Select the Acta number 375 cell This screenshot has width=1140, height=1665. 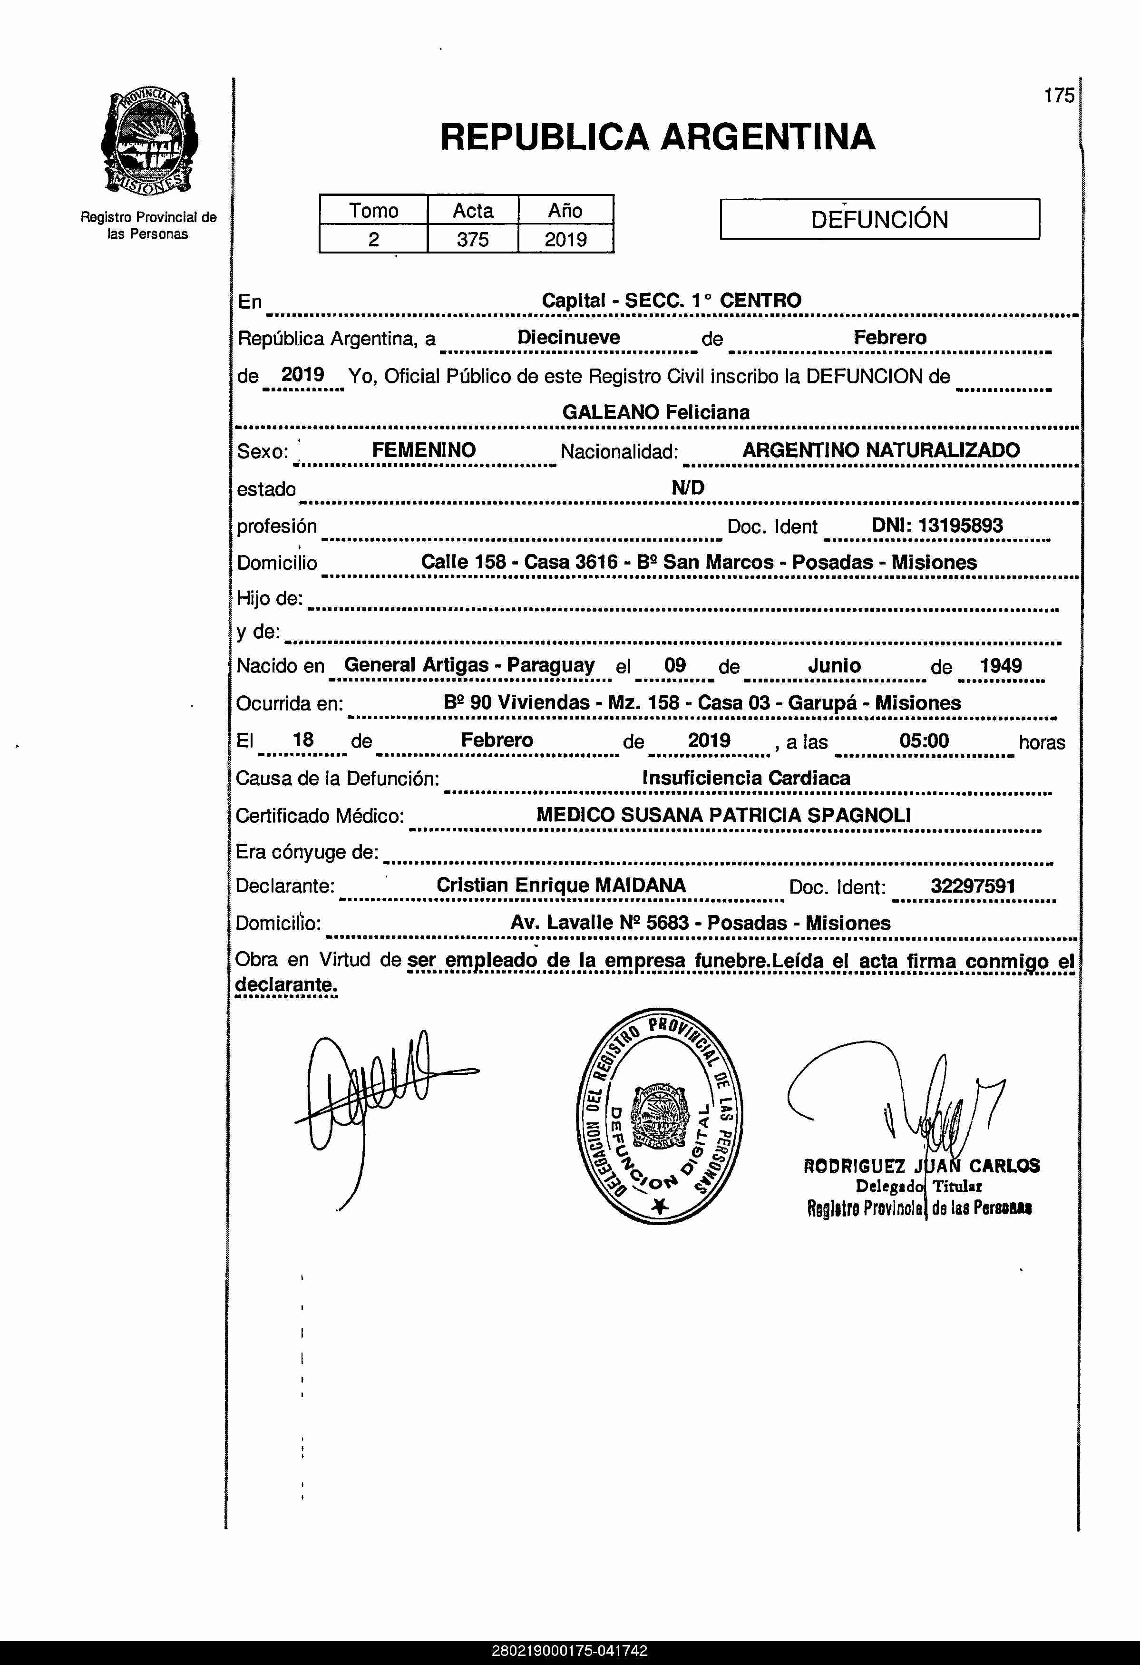coord(473,239)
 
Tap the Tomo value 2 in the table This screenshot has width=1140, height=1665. coord(373,239)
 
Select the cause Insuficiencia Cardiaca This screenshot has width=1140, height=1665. coord(746,778)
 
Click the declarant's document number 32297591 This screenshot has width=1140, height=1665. coord(972,886)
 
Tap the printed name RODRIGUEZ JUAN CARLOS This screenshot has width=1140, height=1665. coord(921,1166)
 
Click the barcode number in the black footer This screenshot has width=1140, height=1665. coord(570,1651)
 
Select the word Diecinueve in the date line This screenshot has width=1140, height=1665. coord(569,338)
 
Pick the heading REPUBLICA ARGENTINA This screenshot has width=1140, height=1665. coord(657,137)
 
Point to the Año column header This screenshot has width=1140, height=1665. coord(565,211)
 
